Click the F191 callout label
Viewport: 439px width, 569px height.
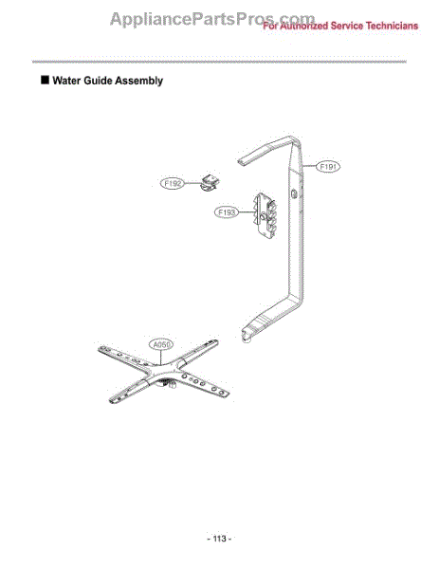328,167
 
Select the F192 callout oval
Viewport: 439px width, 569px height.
173,183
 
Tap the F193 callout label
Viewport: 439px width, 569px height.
227,211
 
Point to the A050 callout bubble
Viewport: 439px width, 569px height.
161,344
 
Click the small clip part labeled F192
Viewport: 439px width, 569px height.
210,182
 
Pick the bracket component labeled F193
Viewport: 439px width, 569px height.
265,215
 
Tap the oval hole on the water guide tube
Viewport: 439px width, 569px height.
294,193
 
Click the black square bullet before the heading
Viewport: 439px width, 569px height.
45,80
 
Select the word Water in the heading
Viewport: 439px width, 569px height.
66,81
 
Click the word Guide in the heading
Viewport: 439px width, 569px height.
97,81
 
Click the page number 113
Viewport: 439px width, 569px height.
220,539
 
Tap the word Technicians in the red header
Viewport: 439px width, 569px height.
392,26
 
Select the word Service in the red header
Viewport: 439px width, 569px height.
346,26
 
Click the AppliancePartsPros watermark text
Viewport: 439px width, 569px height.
212,18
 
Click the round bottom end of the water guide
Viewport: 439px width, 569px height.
247,340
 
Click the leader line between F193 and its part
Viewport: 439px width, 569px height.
247,212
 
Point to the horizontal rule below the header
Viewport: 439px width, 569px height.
219,62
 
